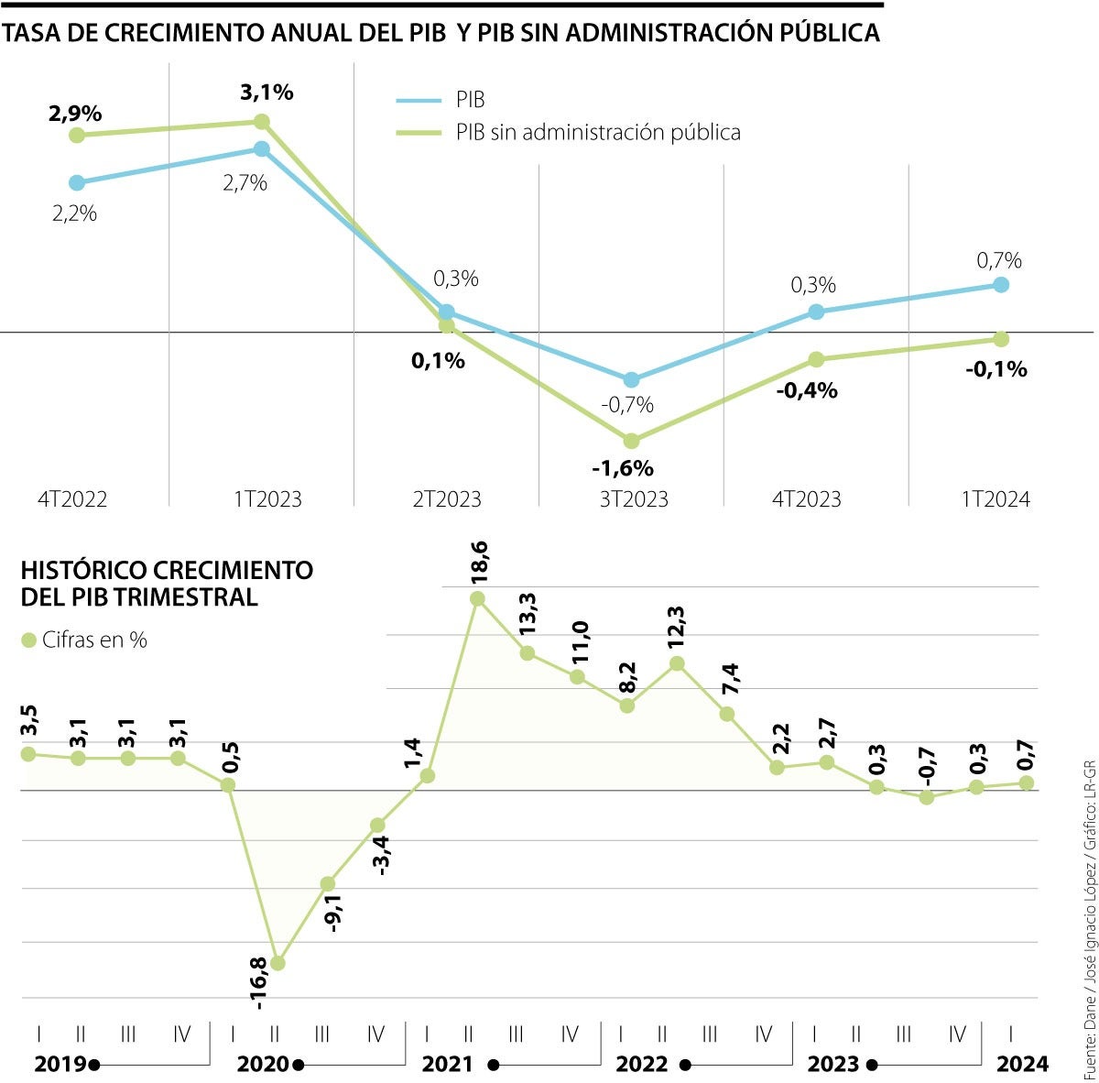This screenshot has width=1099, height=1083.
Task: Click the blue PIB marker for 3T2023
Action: tap(631, 379)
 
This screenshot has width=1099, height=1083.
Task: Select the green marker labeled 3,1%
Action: tap(261, 121)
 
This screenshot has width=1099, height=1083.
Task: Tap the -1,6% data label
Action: tap(623, 468)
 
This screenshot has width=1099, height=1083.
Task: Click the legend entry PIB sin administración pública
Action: tap(598, 132)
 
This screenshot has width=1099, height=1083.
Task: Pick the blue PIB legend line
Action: tap(419, 100)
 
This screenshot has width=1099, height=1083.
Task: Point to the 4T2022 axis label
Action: tap(73, 499)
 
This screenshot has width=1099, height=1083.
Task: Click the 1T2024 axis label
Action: tap(996, 499)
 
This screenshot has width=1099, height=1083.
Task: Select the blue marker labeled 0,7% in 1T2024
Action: tap(1001, 284)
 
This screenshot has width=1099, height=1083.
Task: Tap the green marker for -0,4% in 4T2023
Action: tap(816, 358)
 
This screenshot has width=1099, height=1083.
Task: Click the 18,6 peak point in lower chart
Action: tap(477, 598)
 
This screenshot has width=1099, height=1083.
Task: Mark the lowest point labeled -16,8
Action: tap(278, 963)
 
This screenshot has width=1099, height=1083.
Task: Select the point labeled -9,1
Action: tap(327, 883)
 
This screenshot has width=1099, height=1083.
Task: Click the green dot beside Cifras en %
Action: tap(28, 640)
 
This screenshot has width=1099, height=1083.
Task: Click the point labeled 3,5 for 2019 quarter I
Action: tap(27, 753)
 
